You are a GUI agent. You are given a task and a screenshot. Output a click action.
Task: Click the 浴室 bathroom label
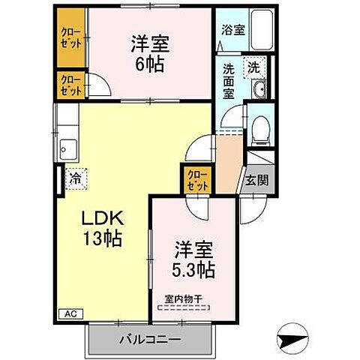pyautogui.click(x=233, y=31)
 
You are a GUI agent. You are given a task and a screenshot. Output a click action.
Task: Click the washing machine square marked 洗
pyautogui.click(x=255, y=67)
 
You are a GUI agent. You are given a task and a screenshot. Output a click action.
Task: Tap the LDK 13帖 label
pyautogui.click(x=103, y=229)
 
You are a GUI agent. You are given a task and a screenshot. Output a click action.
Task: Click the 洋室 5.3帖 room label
pyautogui.click(x=195, y=259)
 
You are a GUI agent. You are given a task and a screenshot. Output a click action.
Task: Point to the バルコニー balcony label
pyautogui.click(x=149, y=340)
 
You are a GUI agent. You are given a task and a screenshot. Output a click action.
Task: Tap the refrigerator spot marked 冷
pyautogui.click(x=75, y=178)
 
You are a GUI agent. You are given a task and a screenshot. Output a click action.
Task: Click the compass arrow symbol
pyautogui.click(x=292, y=340)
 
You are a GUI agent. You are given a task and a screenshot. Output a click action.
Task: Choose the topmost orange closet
pyautogui.click(x=72, y=37)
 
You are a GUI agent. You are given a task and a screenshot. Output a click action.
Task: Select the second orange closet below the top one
pyautogui.click(x=72, y=84)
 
